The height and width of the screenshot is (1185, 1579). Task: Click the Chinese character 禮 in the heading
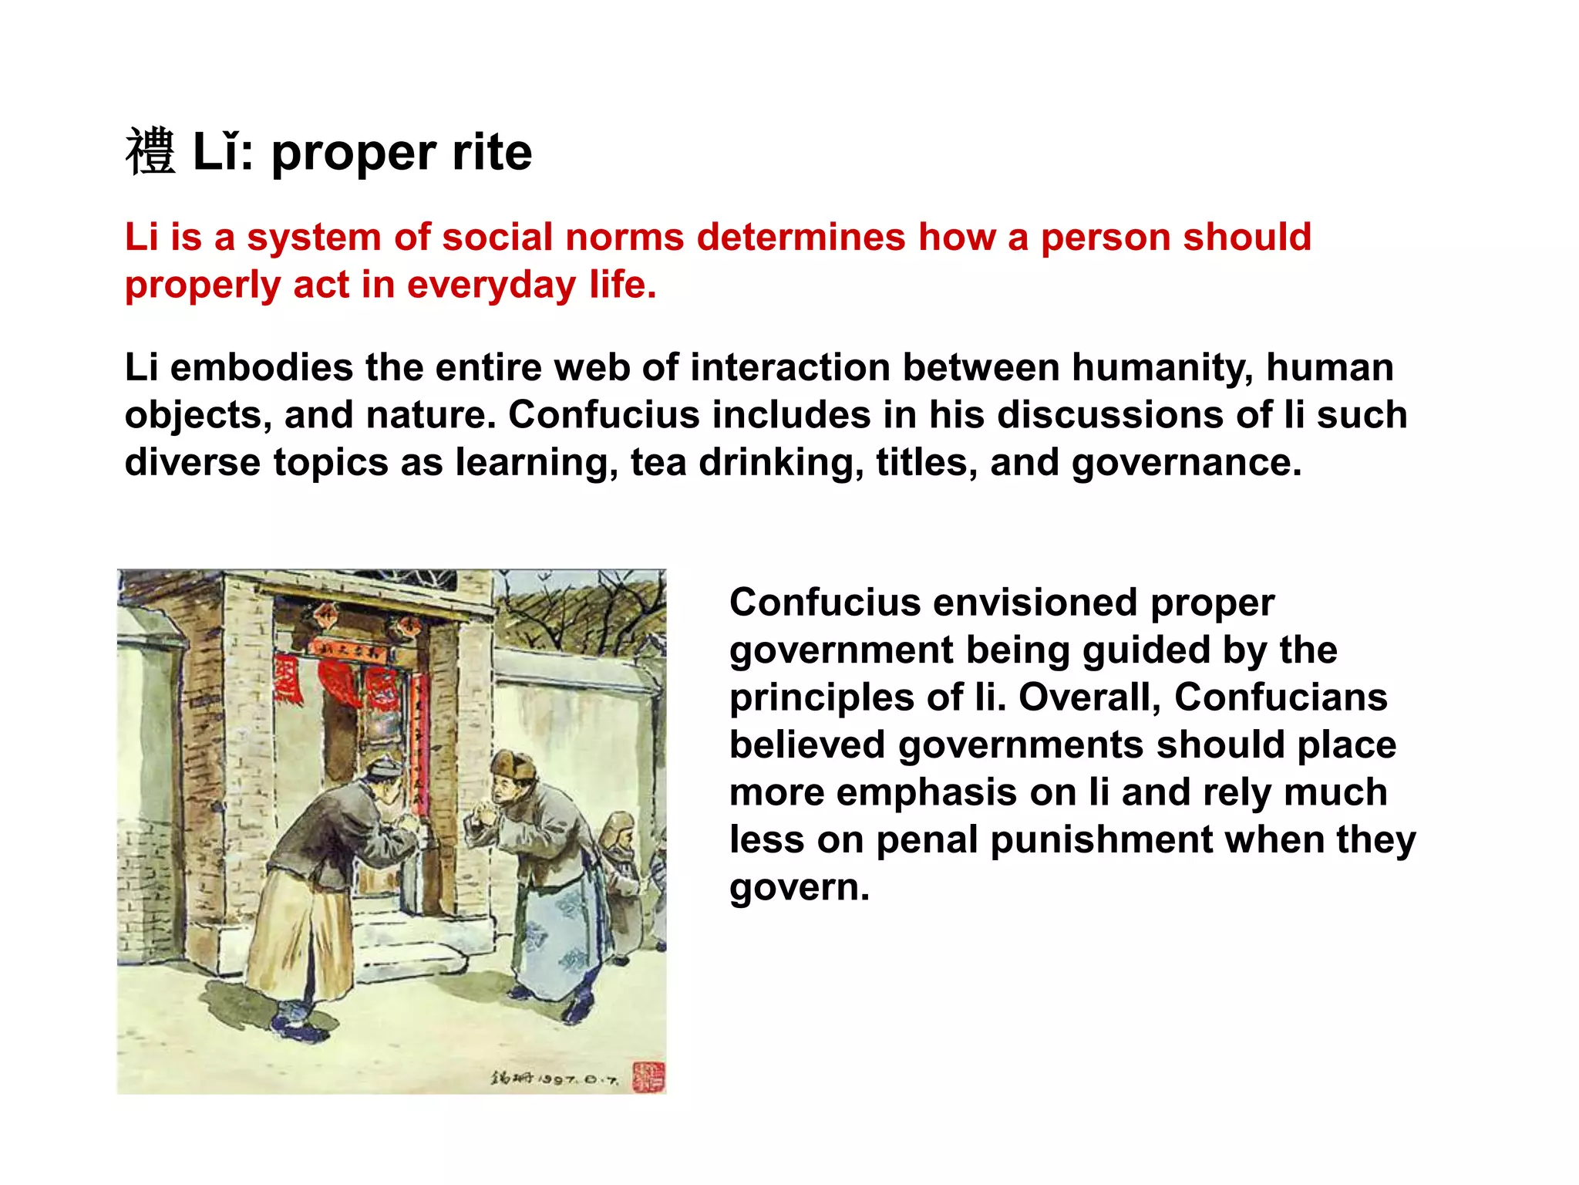tap(150, 152)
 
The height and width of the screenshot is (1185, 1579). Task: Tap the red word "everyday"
tap(491, 285)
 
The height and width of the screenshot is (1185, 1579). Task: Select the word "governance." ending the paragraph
tap(1187, 464)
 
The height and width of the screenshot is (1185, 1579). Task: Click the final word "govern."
tap(799, 888)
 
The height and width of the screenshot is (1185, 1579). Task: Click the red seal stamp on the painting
tap(648, 1076)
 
